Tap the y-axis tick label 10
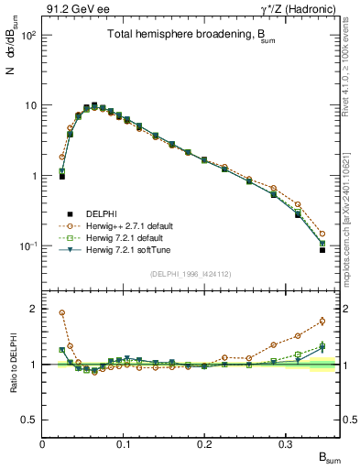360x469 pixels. (29, 105)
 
